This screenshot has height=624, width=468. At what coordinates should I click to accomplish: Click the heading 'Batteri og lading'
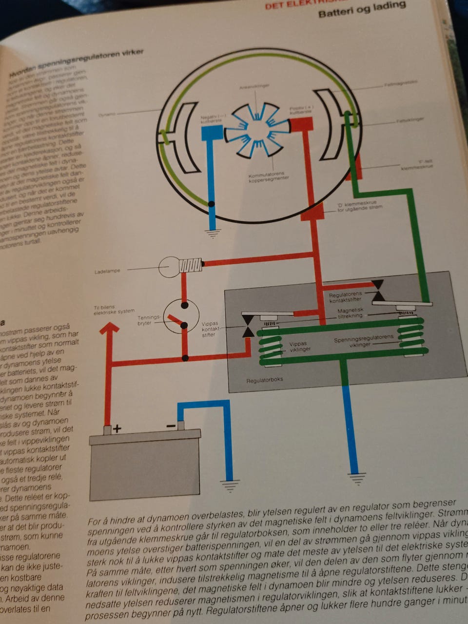pyautogui.click(x=362, y=9)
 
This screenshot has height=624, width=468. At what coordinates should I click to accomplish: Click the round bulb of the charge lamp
pyautogui.click(x=169, y=267)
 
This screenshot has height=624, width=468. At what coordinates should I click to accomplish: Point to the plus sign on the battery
pyautogui.click(x=117, y=429)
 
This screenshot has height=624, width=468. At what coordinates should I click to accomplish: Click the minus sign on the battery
pyautogui.click(x=171, y=426)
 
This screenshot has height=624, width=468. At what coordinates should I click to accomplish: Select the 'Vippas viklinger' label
pyautogui.click(x=297, y=346)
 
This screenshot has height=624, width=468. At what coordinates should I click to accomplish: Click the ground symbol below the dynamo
pyautogui.click(x=213, y=233)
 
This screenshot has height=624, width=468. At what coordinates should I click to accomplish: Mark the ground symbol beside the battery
pyautogui.click(x=227, y=486)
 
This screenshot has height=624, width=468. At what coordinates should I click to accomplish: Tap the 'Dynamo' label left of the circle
pyautogui.click(x=105, y=115)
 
